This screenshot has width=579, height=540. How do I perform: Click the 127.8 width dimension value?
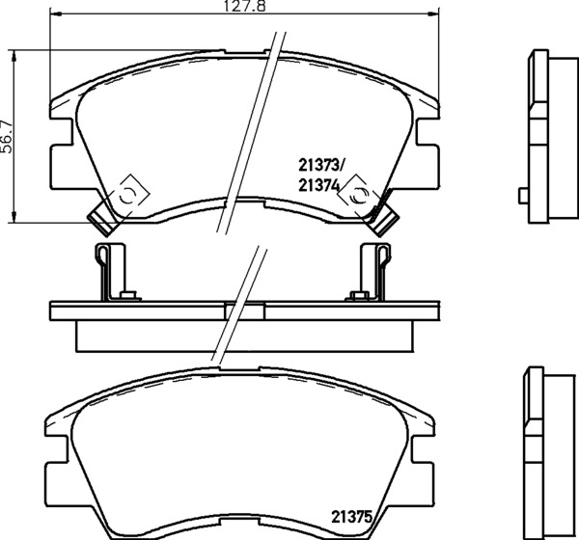(x=245, y=7)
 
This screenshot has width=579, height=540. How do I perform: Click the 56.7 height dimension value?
(x=7, y=137)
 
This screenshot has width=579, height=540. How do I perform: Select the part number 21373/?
(x=321, y=166)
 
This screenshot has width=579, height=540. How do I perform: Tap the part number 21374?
(x=318, y=186)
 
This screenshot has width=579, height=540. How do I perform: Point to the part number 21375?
(x=351, y=517)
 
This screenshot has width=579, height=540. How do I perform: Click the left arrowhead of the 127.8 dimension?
(x=55, y=13)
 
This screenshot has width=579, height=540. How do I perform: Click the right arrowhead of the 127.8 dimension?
(x=434, y=13)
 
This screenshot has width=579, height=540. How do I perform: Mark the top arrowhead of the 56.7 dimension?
(x=14, y=56)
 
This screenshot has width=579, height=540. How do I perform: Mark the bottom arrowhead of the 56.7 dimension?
(x=14, y=217)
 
